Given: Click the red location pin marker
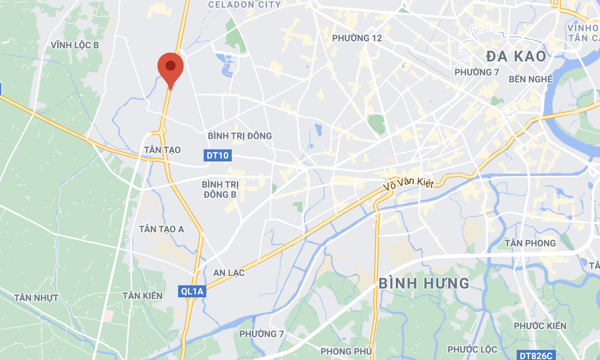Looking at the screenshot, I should pyautogui.click(x=171, y=68).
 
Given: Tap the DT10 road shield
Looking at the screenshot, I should pyautogui.click(x=217, y=155).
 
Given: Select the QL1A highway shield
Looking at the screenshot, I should pyautogui.click(x=192, y=291).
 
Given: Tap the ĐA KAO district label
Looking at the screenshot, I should pyautogui.click(x=515, y=56).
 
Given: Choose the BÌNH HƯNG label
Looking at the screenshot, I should pyautogui.click(x=424, y=283).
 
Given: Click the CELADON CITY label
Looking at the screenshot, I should pyautogui.click(x=244, y=5).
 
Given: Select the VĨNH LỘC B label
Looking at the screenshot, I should pyautogui.click(x=75, y=45).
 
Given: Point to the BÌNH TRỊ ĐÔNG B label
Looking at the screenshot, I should pyautogui.click(x=220, y=189).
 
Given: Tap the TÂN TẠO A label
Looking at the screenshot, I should pyautogui.click(x=162, y=229).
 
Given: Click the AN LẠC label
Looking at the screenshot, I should pyautogui.click(x=229, y=273).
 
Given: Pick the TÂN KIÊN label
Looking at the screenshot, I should pyautogui.click(x=142, y=296).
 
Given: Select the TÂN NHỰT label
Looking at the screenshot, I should pyautogui.click(x=37, y=298).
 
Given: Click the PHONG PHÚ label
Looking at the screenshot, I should pyautogui.click(x=346, y=351).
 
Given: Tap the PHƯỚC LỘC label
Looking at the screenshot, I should pyautogui.click(x=472, y=349).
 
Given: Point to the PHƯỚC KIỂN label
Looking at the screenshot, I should pyautogui.click(x=540, y=326).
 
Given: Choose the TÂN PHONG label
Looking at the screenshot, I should pyautogui.click(x=530, y=243).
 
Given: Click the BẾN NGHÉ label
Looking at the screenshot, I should pyautogui.click(x=530, y=79).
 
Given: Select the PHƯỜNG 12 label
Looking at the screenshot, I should pyautogui.click(x=357, y=38).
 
